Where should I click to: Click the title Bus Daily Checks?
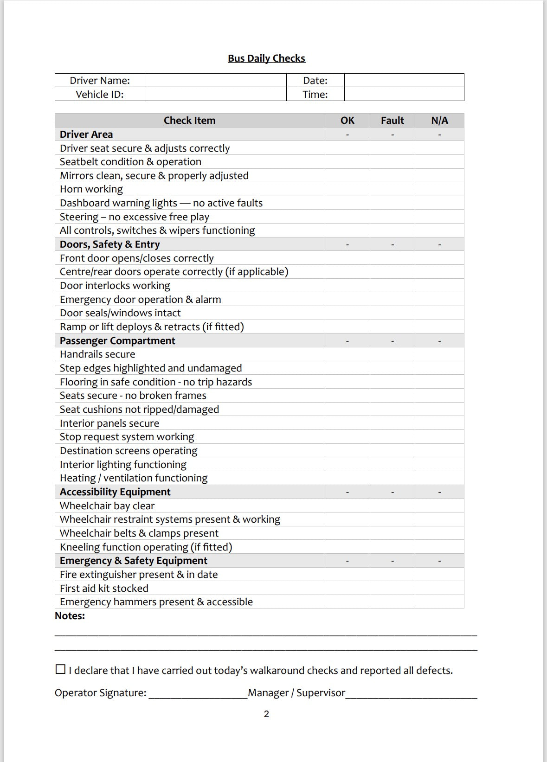pos(266,58)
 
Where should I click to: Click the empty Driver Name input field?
pos(215,80)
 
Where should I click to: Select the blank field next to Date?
pos(404,80)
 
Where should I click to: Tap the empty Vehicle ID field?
pos(215,94)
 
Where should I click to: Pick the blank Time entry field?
pos(404,94)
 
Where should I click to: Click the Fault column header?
pos(392,121)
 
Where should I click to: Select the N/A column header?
pos(439,121)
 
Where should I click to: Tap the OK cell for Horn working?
pos(347,189)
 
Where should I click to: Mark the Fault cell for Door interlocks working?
pos(392,286)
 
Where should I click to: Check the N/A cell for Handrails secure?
pos(439,354)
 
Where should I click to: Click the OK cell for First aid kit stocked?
pos(347,588)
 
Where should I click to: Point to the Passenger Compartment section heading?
pos(117,341)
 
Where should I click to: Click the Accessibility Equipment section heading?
pos(115,492)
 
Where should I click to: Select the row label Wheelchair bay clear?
pos(107,506)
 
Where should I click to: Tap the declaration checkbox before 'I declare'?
pos(60,669)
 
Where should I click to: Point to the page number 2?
pos(266,714)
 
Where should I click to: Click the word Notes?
pos(70,616)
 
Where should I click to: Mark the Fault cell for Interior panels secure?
pos(392,423)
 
